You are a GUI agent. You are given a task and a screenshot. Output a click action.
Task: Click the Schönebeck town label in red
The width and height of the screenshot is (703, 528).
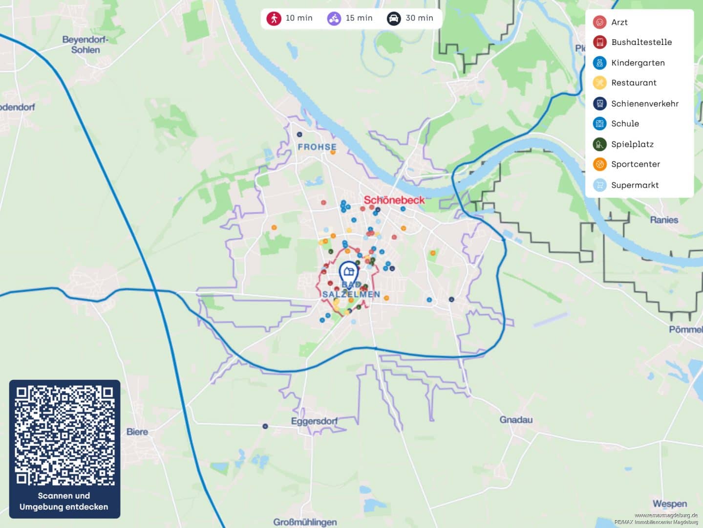(x=394, y=200)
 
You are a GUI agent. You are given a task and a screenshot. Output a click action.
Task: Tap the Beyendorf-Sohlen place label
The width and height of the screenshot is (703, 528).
(x=85, y=44)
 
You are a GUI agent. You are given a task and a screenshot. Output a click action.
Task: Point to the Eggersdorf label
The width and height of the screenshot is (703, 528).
(x=314, y=421)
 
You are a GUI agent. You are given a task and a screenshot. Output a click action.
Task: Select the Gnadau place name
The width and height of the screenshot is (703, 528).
(x=516, y=419)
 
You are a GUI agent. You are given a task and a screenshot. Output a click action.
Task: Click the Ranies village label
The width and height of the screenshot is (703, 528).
(x=664, y=220)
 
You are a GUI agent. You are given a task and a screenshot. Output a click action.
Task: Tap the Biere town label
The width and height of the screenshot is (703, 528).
(x=137, y=432)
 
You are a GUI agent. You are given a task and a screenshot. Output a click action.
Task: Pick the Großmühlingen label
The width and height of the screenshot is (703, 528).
(x=305, y=522)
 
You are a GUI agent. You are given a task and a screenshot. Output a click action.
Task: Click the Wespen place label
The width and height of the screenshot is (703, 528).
(x=669, y=504)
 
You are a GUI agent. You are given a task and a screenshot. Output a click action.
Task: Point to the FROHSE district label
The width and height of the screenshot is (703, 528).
(x=317, y=147)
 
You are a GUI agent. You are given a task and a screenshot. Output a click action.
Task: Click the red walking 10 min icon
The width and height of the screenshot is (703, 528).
(x=274, y=19)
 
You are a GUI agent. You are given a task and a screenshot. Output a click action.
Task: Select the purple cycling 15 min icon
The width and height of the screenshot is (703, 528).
(x=334, y=19)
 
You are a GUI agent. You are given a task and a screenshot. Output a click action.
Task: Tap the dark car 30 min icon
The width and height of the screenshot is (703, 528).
(x=394, y=19)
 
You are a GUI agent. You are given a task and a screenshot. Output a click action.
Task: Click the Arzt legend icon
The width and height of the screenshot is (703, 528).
(x=599, y=22)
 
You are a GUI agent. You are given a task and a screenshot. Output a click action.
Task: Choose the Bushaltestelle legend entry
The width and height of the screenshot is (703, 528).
(x=641, y=42)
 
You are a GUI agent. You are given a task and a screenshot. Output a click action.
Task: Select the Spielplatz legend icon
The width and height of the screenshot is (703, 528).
(x=599, y=144)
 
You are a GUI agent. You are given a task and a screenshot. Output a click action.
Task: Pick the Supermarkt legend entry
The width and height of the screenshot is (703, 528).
(x=635, y=185)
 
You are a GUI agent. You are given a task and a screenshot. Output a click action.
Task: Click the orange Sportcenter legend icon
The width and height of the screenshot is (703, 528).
(x=599, y=164)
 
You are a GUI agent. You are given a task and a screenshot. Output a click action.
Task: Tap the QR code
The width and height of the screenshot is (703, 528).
(x=64, y=435)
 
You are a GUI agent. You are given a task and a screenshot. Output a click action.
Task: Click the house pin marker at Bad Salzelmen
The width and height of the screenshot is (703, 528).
(x=348, y=272)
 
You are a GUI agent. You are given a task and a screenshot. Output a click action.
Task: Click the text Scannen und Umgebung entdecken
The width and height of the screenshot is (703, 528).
(x=64, y=501)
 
